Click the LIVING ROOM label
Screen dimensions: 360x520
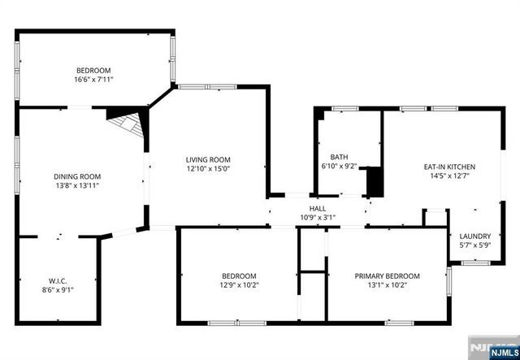(208, 159)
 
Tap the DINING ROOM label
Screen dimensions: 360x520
(77, 176)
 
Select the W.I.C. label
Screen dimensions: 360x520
(56, 280)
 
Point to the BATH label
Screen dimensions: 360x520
(339, 157)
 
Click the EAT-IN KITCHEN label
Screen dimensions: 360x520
(449, 167)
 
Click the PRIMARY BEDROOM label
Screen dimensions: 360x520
(387, 275)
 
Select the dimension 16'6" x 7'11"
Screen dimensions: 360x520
(93, 80)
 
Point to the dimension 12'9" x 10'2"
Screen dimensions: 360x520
(239, 284)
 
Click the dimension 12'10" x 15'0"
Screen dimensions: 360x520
(208, 169)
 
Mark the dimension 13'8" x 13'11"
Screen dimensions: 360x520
(77, 185)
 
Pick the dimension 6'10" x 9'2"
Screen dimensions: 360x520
(339, 167)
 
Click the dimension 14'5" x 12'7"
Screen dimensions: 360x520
(449, 176)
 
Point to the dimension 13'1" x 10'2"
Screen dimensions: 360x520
(387, 284)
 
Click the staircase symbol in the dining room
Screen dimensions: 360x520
(127, 126)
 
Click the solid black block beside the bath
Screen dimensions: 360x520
(375, 181)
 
